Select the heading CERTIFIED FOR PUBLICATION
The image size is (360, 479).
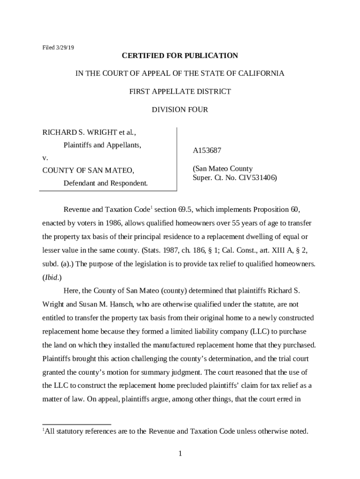(x=180, y=56)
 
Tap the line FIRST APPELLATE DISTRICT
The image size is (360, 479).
(x=180, y=92)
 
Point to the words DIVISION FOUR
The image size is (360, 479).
(x=180, y=110)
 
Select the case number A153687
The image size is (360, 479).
(x=207, y=151)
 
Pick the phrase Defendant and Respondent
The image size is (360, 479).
(x=106, y=183)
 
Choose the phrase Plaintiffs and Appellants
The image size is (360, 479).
(x=102, y=145)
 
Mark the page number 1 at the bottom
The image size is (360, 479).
(x=180, y=454)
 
